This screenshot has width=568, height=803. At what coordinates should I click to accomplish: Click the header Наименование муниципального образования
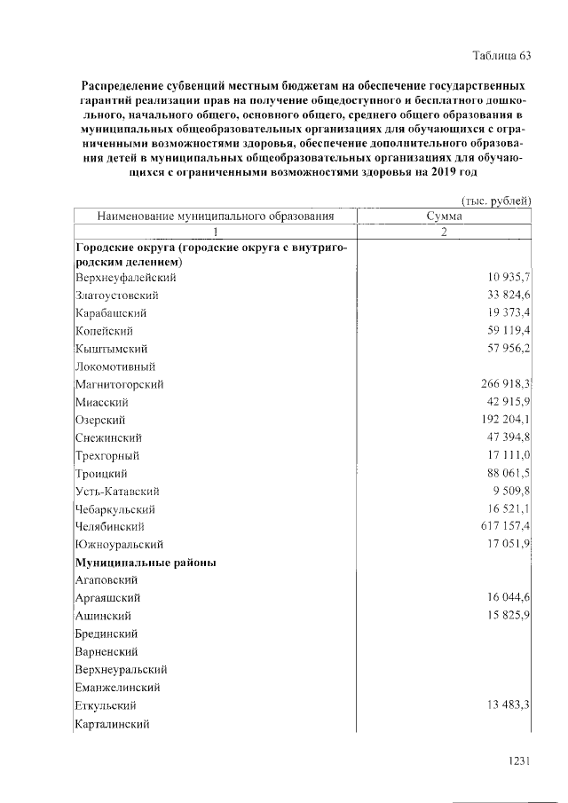[x=215, y=215]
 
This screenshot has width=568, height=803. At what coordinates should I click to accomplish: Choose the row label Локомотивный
[x=116, y=366]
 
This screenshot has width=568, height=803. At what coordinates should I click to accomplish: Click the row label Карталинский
[x=113, y=724]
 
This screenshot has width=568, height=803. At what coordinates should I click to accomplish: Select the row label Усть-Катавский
[x=118, y=491]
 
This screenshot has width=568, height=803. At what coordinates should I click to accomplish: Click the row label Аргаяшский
[x=108, y=598]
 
